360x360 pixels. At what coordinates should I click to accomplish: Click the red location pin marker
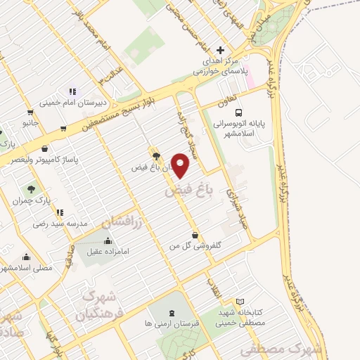181,167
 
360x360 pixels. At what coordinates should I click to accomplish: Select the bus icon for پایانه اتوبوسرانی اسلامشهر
239,112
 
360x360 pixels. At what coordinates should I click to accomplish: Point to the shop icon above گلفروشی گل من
195,236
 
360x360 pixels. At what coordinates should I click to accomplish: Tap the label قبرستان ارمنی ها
172,324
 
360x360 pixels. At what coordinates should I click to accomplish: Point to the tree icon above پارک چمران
31,189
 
